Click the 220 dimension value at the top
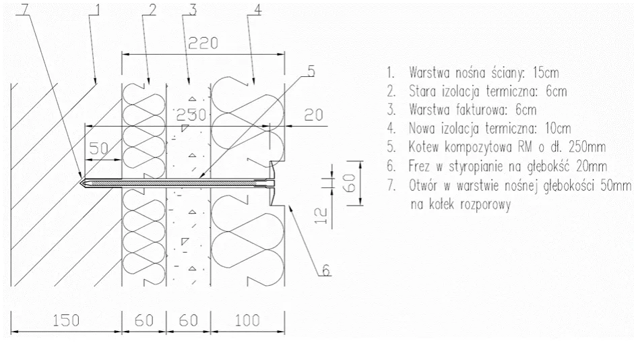tap(203, 43)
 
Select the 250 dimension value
tap(191, 115)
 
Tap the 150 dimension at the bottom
tap(66, 320)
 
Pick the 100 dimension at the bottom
tap(247, 320)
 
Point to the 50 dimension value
tap(98, 148)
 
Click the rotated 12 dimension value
tap(321, 216)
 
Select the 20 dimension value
tap(314, 115)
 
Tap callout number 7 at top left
tap(25, 9)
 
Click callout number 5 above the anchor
tap(311, 71)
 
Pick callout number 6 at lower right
tap(326, 270)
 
